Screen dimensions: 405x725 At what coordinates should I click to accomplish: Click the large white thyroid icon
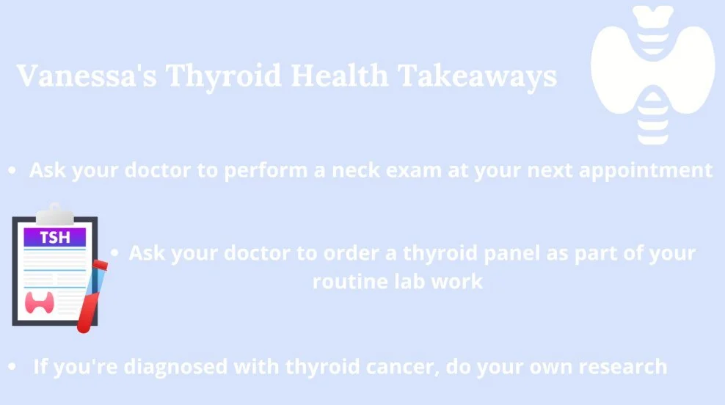(x=652, y=73)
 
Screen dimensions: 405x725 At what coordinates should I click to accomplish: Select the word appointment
(x=656, y=170)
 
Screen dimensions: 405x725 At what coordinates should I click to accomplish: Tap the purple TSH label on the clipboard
(x=54, y=237)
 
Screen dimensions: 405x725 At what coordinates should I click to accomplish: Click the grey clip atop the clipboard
(x=54, y=214)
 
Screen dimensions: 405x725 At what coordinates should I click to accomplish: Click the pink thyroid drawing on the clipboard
(x=40, y=302)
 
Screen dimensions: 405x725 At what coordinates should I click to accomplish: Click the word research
(x=622, y=365)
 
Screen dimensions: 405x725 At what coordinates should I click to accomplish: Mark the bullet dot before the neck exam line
(x=12, y=171)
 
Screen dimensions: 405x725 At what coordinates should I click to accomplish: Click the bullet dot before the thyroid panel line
(x=115, y=253)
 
